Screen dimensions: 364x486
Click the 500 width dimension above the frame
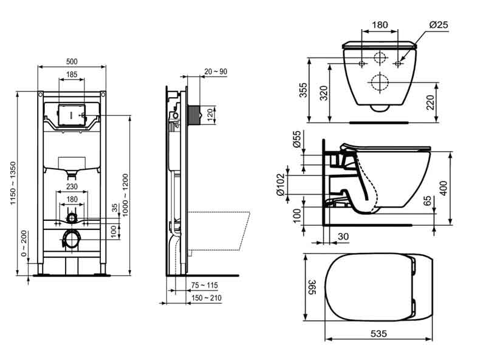coord(72,61)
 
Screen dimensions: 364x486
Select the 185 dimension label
coord(72,75)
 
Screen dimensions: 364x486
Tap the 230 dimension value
coord(72,187)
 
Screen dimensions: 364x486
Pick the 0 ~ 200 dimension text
coord(24,243)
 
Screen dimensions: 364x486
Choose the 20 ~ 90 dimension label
coord(216,72)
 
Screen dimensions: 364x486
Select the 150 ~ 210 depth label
coord(205,298)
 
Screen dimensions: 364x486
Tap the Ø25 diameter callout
coord(438,25)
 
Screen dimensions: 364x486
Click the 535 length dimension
coord(378,334)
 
